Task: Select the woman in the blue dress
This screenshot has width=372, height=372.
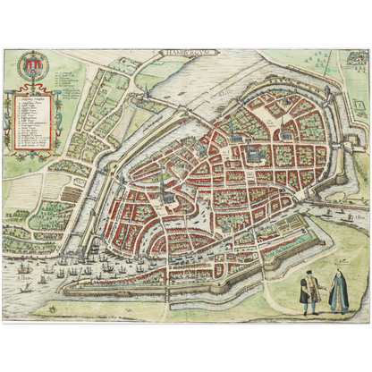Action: [337, 292]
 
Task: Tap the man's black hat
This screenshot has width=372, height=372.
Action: [308, 274]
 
